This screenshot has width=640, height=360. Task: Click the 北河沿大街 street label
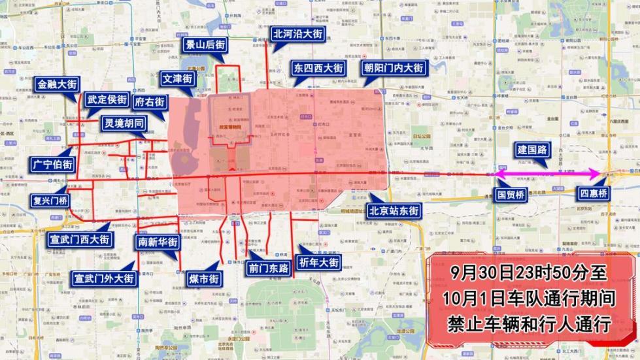(x=297, y=33)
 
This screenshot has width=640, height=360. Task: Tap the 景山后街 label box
(x=205, y=45)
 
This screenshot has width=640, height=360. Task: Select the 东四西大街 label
(x=318, y=68)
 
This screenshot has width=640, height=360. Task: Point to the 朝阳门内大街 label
(x=394, y=68)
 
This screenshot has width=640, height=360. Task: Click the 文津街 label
(x=177, y=79)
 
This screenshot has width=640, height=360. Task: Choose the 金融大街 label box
(x=58, y=84)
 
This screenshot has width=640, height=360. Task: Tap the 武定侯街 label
(x=107, y=100)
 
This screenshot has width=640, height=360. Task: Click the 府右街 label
(x=150, y=102)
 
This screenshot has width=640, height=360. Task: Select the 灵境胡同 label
(x=123, y=123)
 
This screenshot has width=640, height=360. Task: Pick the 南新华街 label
(x=158, y=241)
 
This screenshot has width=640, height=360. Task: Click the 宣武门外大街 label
(x=104, y=278)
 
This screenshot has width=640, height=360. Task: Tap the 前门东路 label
(x=269, y=268)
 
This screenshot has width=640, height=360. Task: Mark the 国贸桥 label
(x=511, y=194)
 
